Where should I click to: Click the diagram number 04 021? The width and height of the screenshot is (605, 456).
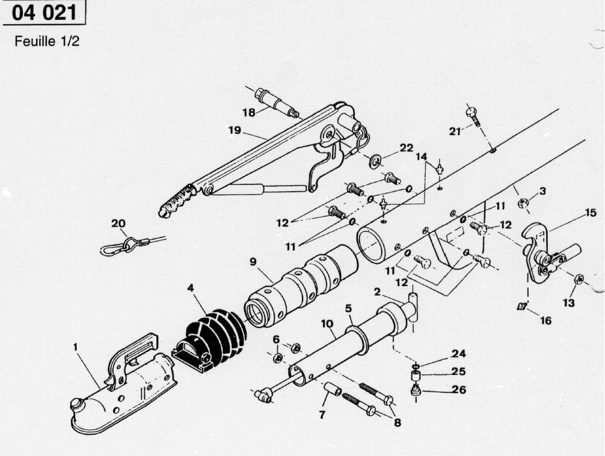(43, 13)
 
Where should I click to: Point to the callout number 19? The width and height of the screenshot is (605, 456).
(235, 130)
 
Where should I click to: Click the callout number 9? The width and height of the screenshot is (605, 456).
(253, 262)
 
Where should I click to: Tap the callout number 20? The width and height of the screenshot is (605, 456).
(118, 223)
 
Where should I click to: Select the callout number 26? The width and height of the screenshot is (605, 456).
(458, 390)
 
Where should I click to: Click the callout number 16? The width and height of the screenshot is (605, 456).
(545, 321)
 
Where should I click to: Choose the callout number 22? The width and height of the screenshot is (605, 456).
(407, 148)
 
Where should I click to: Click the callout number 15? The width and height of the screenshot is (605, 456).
(590, 212)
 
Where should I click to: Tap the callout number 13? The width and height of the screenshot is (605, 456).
(568, 303)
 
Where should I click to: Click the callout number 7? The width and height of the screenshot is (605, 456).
(322, 415)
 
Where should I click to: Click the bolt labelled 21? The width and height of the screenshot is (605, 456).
(472, 114)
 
